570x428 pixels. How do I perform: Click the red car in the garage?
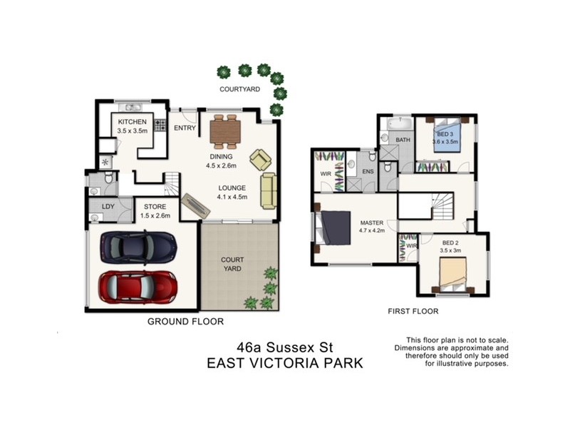pyautogui.click(x=139, y=286)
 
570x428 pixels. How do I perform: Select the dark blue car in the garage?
pyautogui.click(x=139, y=247)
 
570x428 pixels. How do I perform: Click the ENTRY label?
pyautogui.click(x=185, y=128)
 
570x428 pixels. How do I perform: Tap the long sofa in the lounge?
pyautogui.click(x=268, y=190)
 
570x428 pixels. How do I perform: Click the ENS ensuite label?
pyautogui.click(x=367, y=171)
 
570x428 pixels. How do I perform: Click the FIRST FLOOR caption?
pyautogui.click(x=413, y=312)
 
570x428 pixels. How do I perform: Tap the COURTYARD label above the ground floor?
pyautogui.click(x=240, y=89)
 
